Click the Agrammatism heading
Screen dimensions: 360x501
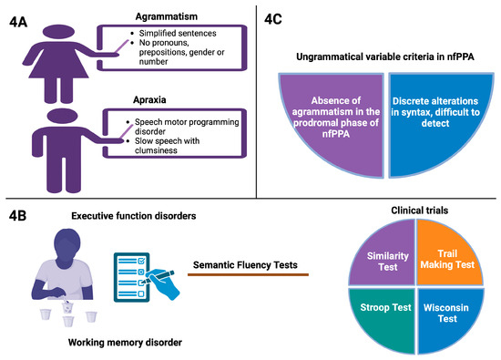tap(167, 15)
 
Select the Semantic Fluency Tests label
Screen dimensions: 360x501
tap(248, 265)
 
